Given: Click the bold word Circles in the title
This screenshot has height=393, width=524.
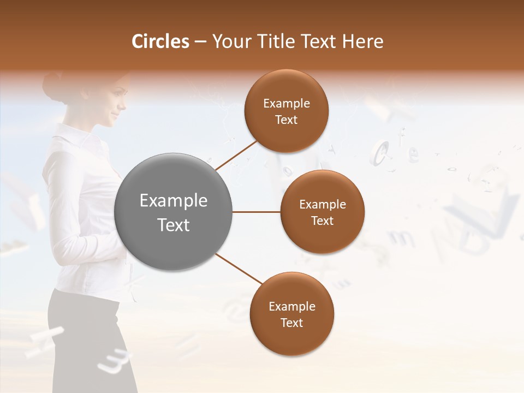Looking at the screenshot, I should (160, 41).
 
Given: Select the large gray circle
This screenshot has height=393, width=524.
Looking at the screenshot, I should (174, 212).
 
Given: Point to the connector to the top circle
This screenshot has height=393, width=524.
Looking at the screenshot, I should (236, 156).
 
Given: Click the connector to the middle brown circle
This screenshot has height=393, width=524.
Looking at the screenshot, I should (257, 212).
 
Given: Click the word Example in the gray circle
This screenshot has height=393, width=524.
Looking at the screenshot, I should (174, 201).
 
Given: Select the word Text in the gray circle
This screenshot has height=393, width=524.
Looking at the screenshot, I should (174, 225).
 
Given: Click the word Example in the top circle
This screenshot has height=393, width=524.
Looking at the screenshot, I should (287, 104).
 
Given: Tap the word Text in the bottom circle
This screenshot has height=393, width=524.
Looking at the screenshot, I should (292, 323).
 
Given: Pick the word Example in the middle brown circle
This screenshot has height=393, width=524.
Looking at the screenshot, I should (323, 205).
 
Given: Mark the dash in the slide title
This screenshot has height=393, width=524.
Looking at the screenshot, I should (200, 42).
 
